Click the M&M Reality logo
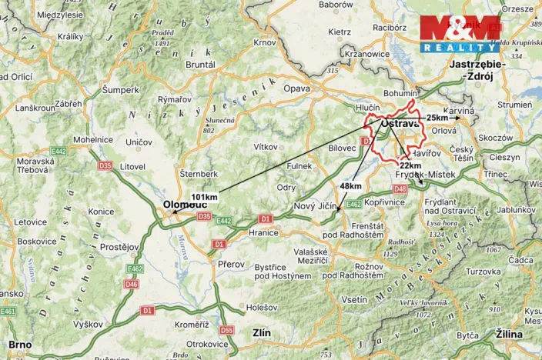(460, 34)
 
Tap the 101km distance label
(204, 197)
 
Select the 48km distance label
(350, 186)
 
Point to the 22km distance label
(410, 165)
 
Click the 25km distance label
(437, 118)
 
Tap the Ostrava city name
(400, 124)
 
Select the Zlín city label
(262, 334)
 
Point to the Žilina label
(509, 335)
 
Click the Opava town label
(297, 88)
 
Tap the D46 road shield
(131, 284)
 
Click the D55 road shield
(226, 330)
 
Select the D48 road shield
(400, 188)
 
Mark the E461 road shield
(8, 311)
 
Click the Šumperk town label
(121, 90)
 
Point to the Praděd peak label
(162, 33)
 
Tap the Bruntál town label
(200, 65)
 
